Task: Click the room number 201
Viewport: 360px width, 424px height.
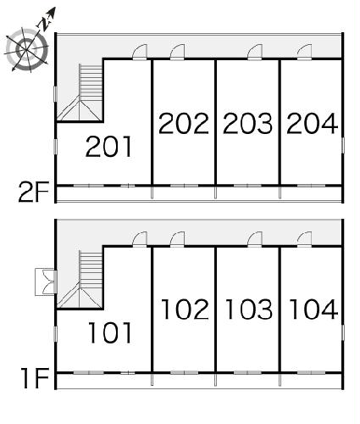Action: (108, 147)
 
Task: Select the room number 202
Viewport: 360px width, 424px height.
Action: (184, 123)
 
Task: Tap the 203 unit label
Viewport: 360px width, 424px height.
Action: (247, 123)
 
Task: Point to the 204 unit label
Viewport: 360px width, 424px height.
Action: (312, 123)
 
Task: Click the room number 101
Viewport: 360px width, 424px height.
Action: (110, 332)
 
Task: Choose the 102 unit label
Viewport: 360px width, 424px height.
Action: (185, 310)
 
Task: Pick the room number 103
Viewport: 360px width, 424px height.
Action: (249, 310)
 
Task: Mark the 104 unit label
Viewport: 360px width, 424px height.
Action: (313, 310)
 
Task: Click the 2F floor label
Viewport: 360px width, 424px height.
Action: (34, 192)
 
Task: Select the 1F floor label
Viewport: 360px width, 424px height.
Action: (36, 378)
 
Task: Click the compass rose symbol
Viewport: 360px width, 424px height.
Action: (27, 49)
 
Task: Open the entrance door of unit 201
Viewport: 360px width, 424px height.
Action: (140, 52)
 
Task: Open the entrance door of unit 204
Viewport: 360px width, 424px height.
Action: (304, 52)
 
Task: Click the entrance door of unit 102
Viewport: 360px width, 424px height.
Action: (177, 239)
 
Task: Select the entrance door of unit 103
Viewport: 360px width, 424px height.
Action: (255, 239)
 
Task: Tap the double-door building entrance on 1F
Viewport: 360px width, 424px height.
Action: (46, 282)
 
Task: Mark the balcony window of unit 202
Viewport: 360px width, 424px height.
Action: (184, 186)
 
